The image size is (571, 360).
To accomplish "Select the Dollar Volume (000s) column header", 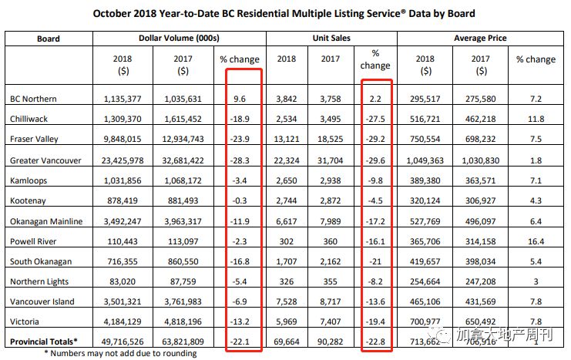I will (182, 37).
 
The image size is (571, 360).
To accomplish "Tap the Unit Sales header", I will (331, 37).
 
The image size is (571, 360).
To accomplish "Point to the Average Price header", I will (480, 37).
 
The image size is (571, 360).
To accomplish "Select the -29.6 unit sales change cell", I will (375, 160).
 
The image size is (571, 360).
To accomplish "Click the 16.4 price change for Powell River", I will (536, 240).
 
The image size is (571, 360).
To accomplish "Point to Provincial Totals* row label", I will (44, 340).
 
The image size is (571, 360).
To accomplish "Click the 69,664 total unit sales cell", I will (287, 340).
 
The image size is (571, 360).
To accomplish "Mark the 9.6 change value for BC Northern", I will (245, 99).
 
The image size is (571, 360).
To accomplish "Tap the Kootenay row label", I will (27, 200).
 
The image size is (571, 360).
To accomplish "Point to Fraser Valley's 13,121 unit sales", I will (287, 140).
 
